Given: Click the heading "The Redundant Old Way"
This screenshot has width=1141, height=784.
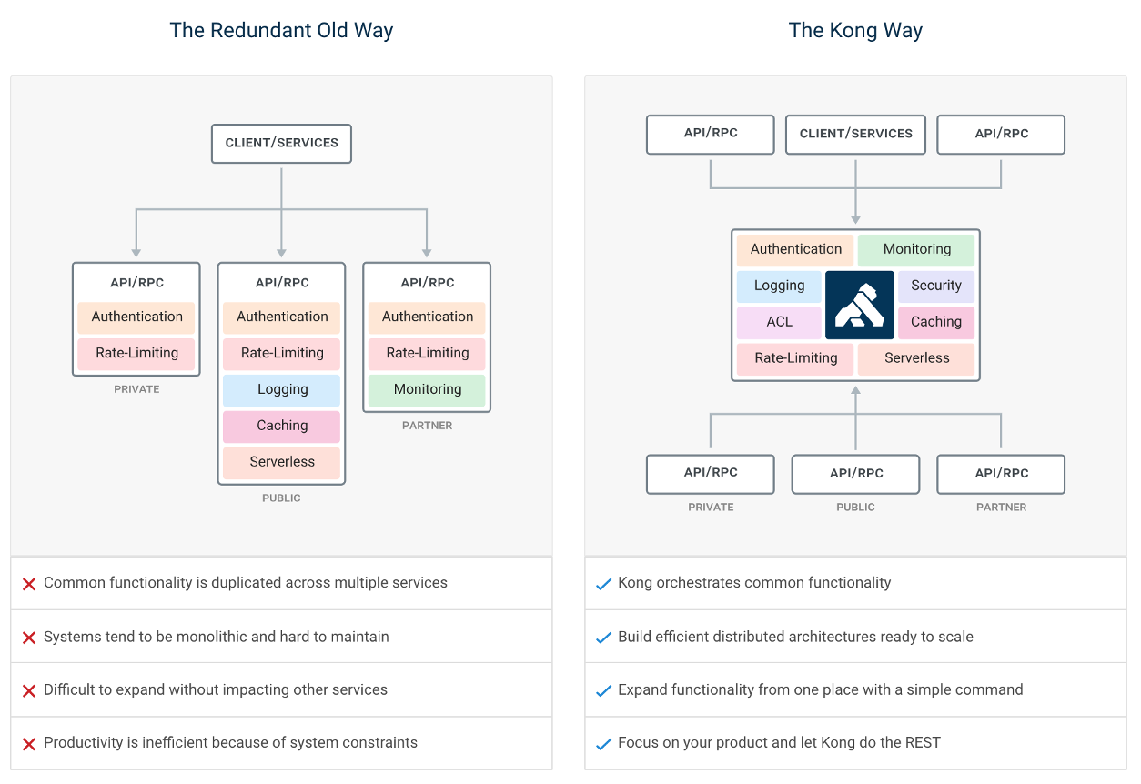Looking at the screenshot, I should [x=281, y=30].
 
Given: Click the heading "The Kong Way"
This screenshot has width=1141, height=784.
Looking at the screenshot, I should [x=855, y=30].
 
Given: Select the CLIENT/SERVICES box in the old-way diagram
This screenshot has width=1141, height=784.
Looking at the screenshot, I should [x=281, y=143].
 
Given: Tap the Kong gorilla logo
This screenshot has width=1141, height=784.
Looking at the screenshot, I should [x=859, y=304].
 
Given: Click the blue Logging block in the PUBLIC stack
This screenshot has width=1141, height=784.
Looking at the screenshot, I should [x=282, y=389].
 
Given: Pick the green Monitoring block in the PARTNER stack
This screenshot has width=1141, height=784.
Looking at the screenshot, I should [x=427, y=389].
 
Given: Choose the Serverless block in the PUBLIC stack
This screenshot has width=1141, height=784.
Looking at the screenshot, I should [x=282, y=462].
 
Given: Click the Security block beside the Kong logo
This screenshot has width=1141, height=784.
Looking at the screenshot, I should [x=935, y=286].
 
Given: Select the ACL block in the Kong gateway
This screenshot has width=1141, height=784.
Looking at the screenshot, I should [x=779, y=322].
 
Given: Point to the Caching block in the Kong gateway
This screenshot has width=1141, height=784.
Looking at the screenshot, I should [x=935, y=322].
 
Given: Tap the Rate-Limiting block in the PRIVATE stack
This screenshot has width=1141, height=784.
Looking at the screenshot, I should [x=136, y=353].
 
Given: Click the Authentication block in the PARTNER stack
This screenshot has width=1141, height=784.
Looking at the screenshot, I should [x=427, y=317].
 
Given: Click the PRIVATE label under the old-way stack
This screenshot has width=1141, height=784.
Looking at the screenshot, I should [x=136, y=389].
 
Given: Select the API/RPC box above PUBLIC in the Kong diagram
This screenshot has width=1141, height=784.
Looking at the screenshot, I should [x=855, y=473].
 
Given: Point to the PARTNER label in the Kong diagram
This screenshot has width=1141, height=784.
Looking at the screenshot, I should [x=1001, y=508].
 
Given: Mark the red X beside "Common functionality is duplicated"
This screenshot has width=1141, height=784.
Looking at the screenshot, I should [x=29, y=584].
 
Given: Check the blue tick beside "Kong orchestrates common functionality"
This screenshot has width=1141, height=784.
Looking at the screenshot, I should [x=602, y=584].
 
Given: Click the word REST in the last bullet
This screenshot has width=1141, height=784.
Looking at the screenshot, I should [x=921, y=742].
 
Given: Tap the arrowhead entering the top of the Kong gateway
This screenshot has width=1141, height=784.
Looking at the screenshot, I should [x=855, y=219].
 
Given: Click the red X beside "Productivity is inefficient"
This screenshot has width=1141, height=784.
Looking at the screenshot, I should [x=29, y=744].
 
